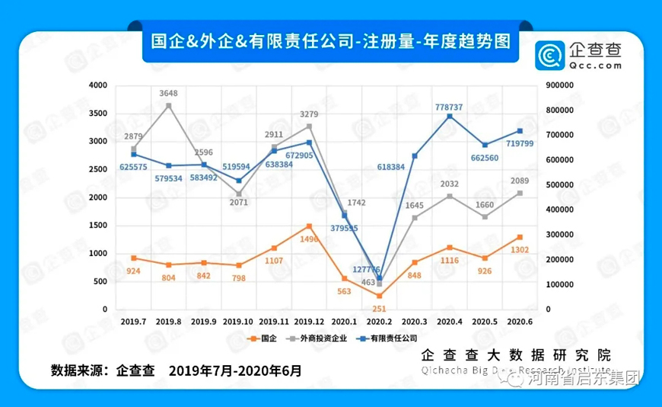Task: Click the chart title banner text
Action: [330, 41]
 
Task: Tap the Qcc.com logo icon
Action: [548, 56]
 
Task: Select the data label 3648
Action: [169, 93]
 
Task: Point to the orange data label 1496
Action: [308, 239]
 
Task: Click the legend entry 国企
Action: [263, 337]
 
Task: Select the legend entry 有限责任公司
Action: [390, 337]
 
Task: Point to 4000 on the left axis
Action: [98, 85]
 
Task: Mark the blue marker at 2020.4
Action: [450, 116]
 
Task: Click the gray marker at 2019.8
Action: [169, 105]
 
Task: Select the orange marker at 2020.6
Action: [520, 237]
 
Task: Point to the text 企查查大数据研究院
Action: [516, 355]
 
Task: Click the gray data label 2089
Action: [519, 180]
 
